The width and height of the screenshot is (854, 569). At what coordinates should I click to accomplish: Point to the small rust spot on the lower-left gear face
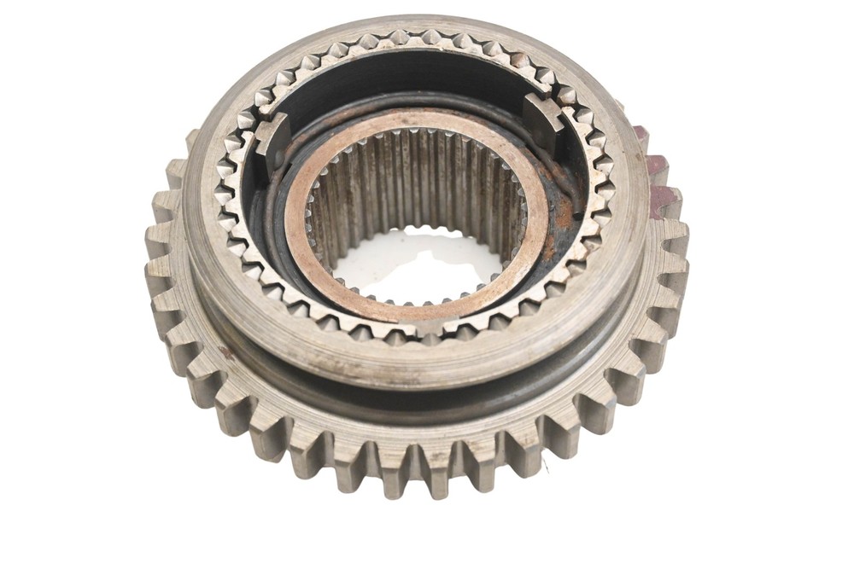pyautogui.click(x=225, y=351)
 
